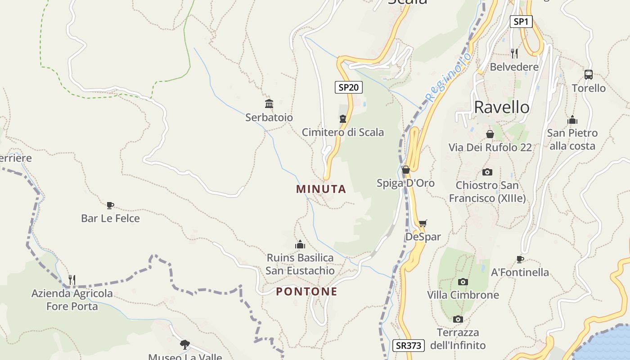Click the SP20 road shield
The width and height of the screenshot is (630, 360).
coord(348,87)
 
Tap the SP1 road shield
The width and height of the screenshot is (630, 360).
coord(521,21)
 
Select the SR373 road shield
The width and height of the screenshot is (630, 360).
coord(409,346)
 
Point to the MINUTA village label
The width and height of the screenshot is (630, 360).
coord(321,189)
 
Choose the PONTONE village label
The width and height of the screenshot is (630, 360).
coord(306,292)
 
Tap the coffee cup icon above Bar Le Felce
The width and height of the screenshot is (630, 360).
coord(110,206)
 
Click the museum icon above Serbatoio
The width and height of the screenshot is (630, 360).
coord(269,104)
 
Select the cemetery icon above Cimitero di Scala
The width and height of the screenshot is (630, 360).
coord(343,119)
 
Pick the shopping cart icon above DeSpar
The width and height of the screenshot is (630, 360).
coord(423,224)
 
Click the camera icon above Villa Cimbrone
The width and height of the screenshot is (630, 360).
coord(463,282)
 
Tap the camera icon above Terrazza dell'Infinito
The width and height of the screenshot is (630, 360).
coord(458,319)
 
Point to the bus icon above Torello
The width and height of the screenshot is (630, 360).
coord(588,75)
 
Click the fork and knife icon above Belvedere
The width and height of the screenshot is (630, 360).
coord(514,54)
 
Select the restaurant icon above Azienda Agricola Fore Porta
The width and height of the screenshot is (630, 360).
coord(72,280)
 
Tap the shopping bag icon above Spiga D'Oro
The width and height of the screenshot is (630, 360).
coord(405,170)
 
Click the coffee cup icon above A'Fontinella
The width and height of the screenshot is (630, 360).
coord(520,259)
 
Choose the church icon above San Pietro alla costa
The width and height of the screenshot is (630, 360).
coord(572,120)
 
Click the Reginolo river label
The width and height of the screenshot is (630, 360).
coord(449,77)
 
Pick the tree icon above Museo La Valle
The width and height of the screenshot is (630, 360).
coord(184,345)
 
